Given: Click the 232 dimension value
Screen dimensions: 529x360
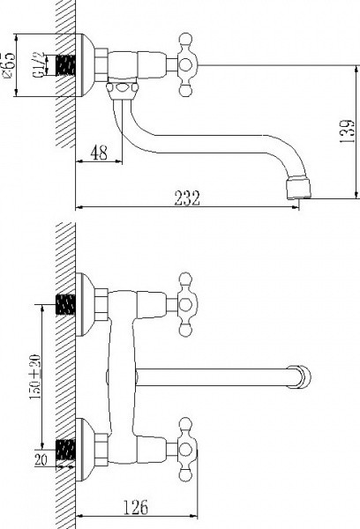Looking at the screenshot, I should (x=185, y=198).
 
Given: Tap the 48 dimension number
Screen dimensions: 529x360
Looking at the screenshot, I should (x=98, y=153).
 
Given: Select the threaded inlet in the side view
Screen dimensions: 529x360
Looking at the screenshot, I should (x=65, y=64).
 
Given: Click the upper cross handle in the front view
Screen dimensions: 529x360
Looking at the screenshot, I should (x=187, y=299).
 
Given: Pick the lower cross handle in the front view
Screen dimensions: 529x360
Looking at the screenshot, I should (x=187, y=442).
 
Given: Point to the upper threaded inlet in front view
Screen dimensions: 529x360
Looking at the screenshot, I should (x=65, y=304).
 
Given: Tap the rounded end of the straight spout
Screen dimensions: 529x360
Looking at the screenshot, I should (x=304, y=377).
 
